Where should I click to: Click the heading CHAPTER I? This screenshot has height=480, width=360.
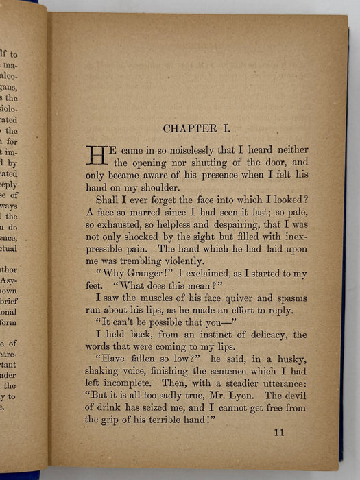[200, 128]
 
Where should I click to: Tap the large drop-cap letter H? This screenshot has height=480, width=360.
[94, 156]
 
